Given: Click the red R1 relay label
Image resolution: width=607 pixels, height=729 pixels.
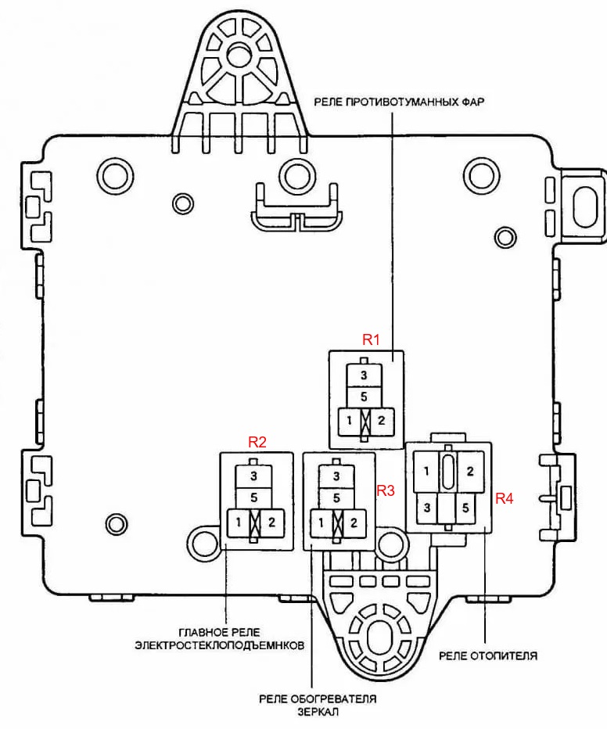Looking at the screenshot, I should coord(370,340).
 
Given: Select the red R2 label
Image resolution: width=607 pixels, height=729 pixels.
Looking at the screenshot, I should coord(257,442).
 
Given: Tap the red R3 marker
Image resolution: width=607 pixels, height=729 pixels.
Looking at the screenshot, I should coord(386,491).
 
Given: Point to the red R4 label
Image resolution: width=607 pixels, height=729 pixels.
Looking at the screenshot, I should coord(505,497).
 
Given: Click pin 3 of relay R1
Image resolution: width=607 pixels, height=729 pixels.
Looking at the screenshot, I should coord(364,376).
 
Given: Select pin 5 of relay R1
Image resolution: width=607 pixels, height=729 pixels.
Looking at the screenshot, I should coord(364,397).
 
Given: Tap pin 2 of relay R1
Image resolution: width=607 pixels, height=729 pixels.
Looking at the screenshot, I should coord(382,421).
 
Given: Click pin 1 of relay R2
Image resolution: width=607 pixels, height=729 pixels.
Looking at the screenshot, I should coord(235,522).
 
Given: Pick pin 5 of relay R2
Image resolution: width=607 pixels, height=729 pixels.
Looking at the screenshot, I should coord(253,497).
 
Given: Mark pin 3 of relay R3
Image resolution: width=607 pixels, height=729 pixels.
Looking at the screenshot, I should coord(336,476).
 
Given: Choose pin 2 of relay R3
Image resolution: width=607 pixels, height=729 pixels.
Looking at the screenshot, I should coord(354,522).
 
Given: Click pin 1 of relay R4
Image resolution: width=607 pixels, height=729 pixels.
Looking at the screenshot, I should coord(426,472).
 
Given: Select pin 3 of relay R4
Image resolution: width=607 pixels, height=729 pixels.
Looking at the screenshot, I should coord(426,508).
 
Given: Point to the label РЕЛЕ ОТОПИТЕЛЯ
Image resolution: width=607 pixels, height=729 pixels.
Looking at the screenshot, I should coord(489,655).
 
